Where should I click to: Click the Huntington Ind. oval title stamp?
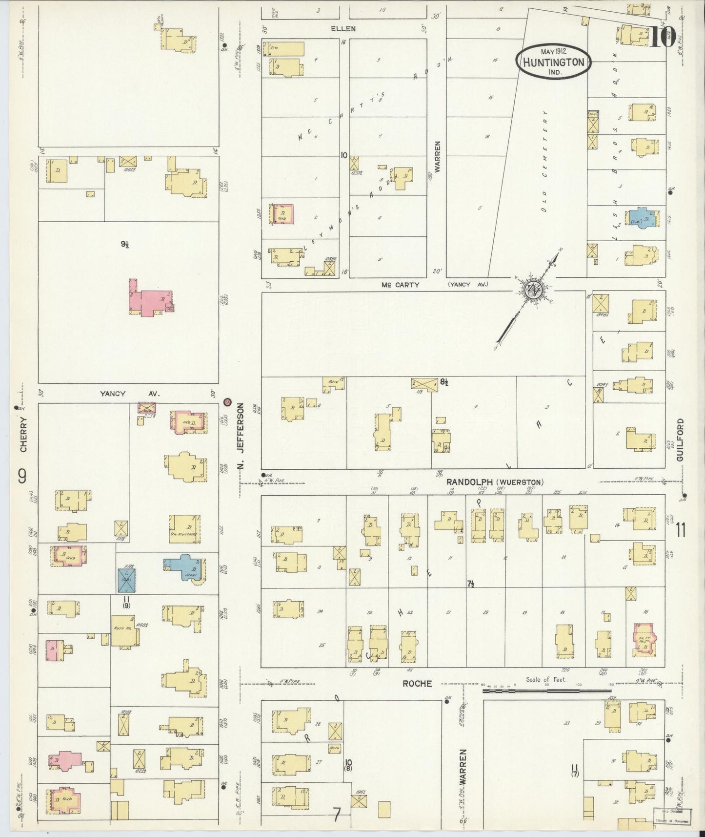pos(553,61)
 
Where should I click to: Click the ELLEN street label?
pos(343,29)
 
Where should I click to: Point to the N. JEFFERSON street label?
pos(241,438)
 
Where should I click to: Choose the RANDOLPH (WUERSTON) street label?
pos(495,482)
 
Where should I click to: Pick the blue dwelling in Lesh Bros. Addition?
pos(643,218)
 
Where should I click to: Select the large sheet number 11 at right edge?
pos(681,529)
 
